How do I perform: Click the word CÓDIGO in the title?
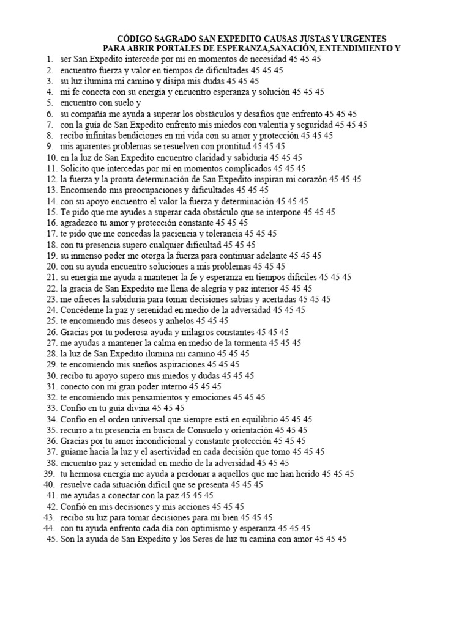coord(135,38)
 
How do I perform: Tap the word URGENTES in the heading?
coord(361,38)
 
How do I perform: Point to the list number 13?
coord(51,190)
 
